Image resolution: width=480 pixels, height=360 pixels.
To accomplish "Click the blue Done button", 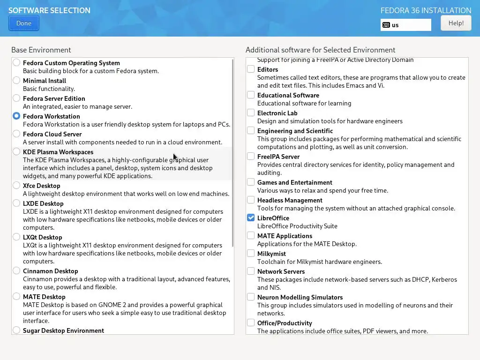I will tap(23, 23).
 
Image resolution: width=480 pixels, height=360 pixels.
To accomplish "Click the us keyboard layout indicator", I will tap(405, 25).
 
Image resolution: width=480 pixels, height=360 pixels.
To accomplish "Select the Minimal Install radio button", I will tap(16, 81).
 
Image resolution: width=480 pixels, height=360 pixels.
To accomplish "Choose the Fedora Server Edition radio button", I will tap(16, 98).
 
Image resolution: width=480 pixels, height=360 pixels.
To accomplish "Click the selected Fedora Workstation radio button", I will tap(16, 116).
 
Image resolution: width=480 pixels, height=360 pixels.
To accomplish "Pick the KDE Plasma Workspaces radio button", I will tap(16, 152).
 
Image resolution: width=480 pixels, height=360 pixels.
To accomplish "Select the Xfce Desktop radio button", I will tap(16, 186).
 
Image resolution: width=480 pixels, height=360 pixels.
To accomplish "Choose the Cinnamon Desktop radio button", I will tap(16, 271).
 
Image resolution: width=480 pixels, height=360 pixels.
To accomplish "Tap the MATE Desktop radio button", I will tap(16, 297).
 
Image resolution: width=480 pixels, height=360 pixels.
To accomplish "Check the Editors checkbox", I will tap(251, 69).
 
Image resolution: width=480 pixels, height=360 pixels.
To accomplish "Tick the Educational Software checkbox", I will tap(251, 95).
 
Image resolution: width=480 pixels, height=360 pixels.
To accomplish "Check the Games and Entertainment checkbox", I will tap(251, 182).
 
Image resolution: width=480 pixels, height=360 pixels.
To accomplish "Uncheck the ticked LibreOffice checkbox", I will tap(251, 218).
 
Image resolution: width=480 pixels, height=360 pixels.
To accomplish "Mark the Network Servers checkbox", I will tap(251, 271).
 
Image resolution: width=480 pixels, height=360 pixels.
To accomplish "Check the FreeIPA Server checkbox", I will tap(251, 157).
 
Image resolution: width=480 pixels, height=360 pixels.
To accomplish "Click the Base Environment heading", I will tap(41, 50).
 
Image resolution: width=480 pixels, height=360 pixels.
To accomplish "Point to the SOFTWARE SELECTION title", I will tap(49, 10).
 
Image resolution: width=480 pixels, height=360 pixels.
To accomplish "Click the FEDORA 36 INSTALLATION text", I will tap(426, 10).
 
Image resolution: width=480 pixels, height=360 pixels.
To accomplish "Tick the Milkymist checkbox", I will tap(251, 254).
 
